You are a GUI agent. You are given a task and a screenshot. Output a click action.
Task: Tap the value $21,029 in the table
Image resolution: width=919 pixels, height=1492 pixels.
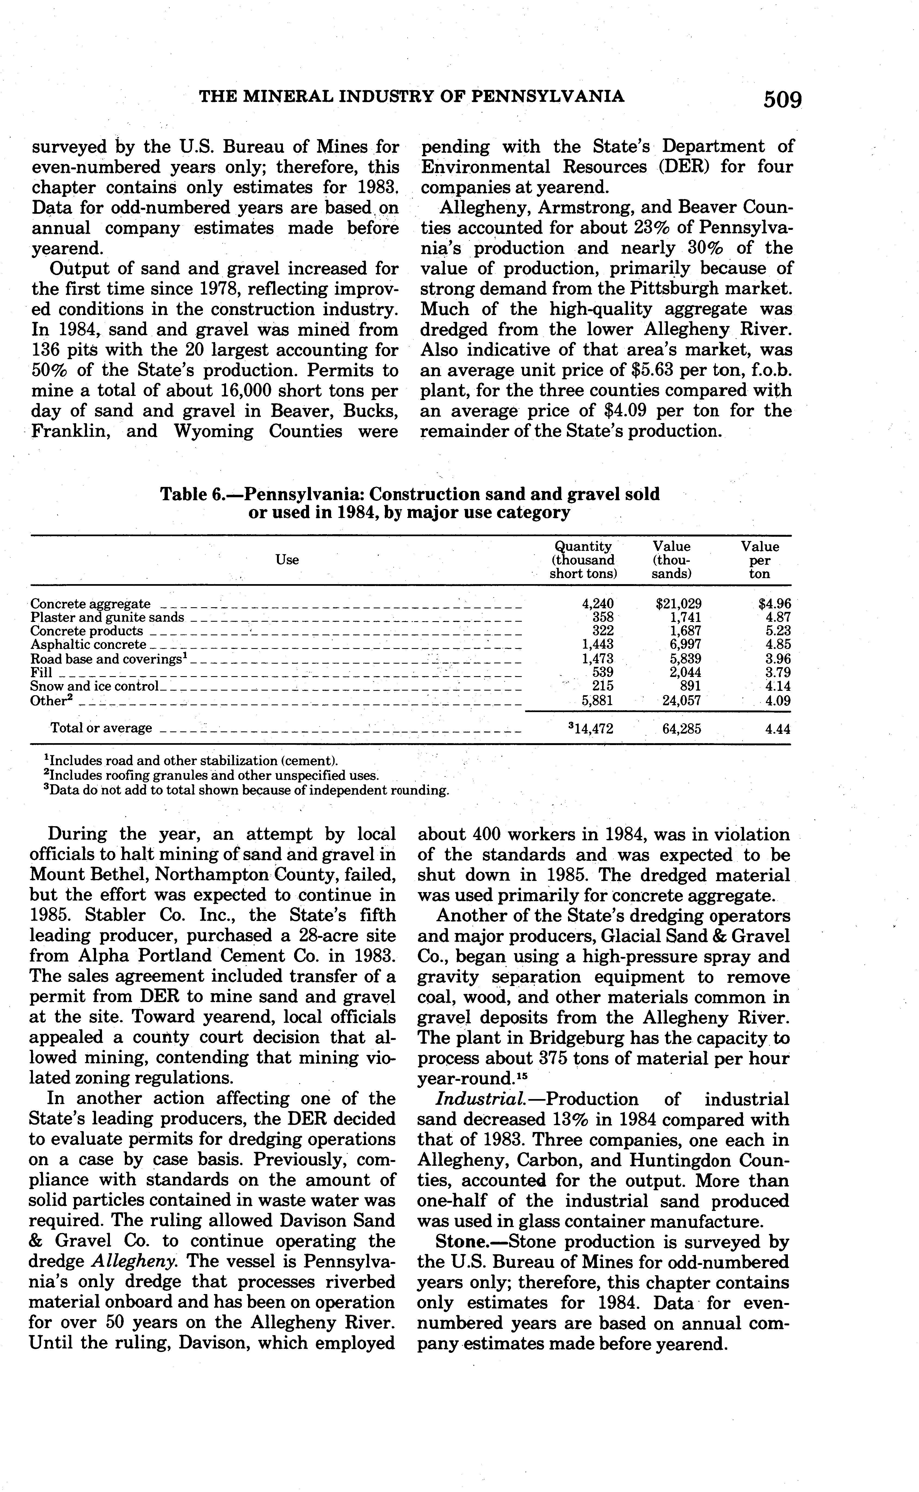pyautogui.click(x=678, y=604)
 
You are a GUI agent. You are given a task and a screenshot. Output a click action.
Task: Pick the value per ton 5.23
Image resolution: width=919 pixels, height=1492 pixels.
pyautogui.click(x=778, y=631)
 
